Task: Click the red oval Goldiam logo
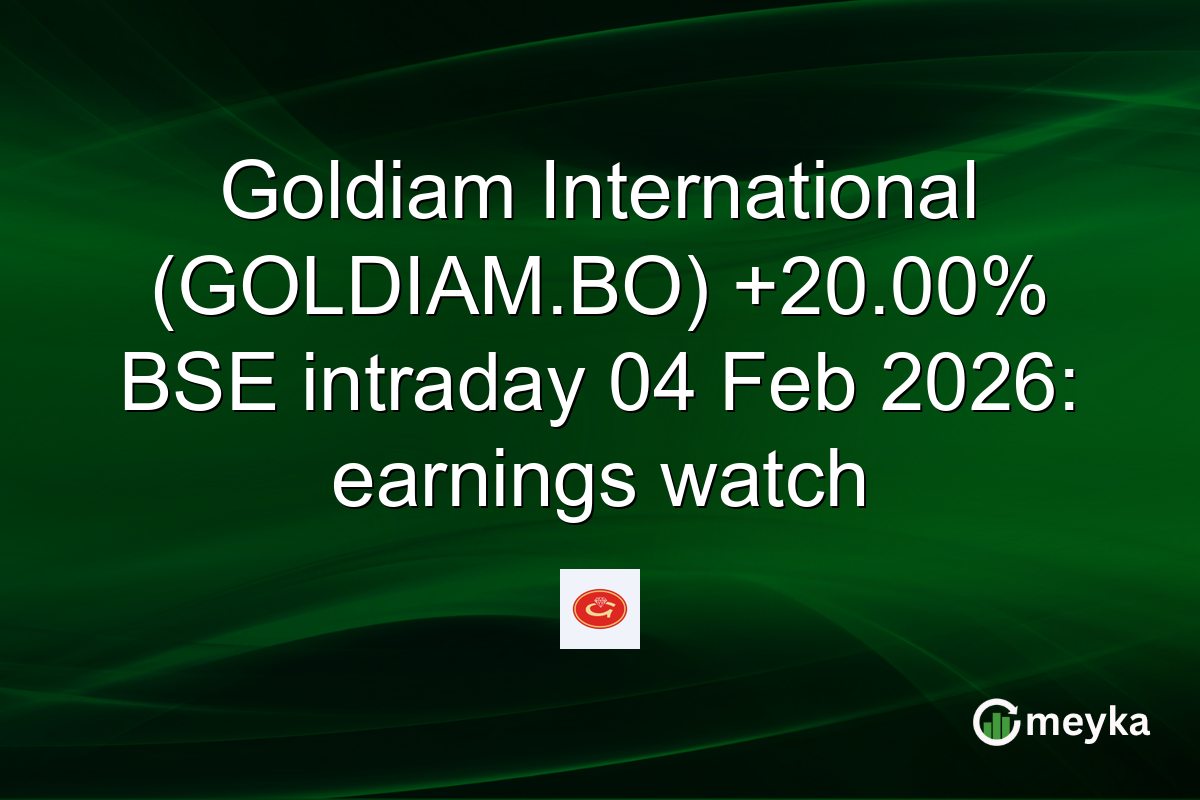tap(600, 609)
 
